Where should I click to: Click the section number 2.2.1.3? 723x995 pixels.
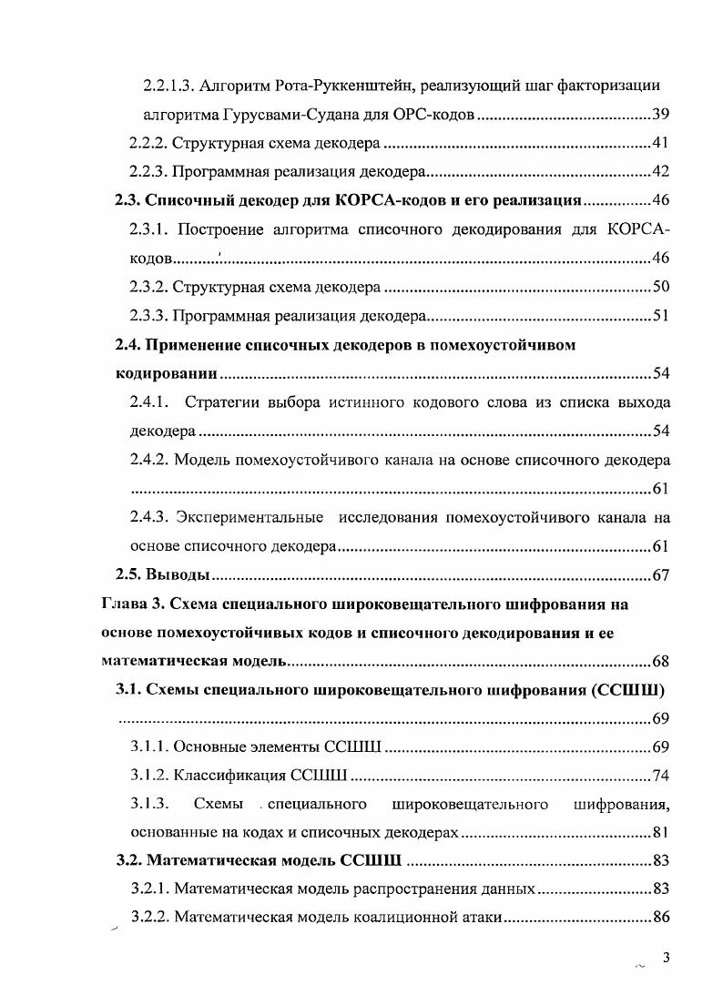169,86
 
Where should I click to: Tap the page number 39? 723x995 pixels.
662,115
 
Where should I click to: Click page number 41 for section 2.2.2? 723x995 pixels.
662,144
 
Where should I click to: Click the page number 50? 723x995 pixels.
662,288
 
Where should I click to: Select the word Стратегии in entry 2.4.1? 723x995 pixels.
233,402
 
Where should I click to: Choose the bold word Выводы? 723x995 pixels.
178,575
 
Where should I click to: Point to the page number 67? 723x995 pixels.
662,575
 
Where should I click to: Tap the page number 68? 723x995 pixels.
662,662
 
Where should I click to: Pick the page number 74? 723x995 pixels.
662,777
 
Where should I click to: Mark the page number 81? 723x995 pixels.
662,834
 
